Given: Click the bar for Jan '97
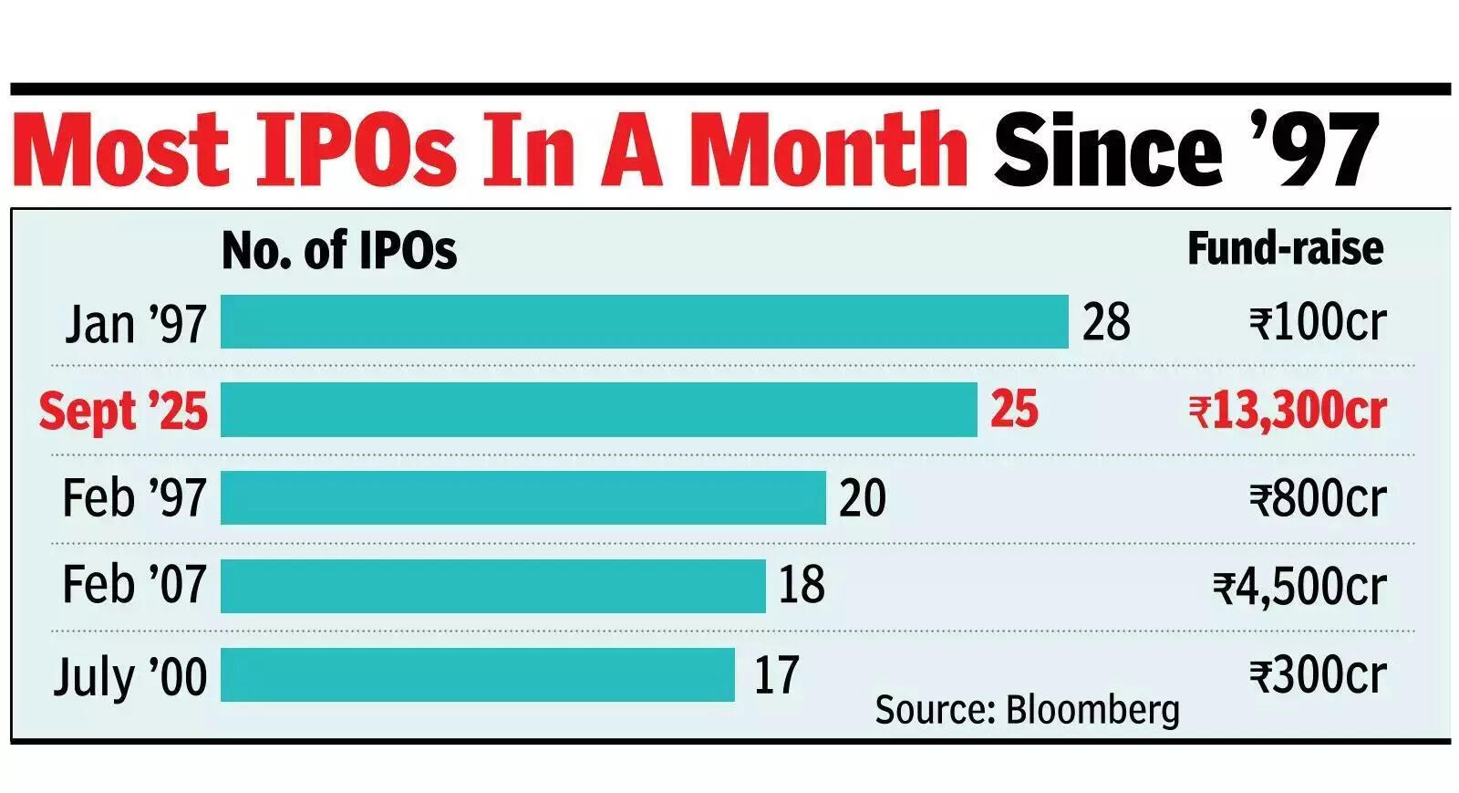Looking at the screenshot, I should tap(644, 321).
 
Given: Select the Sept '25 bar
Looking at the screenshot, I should tap(598, 410).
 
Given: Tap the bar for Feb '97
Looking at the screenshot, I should tap(523, 497).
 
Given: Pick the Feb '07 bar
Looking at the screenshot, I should tap(492, 585).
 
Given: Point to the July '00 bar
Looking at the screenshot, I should tap(477, 674).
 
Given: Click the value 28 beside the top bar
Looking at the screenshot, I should tap(1106, 322).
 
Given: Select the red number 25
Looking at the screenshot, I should tap(1014, 410).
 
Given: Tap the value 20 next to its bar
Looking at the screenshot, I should tap(862, 498).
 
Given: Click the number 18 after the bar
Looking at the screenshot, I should tap(801, 585).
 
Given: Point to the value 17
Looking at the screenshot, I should tap(776, 675).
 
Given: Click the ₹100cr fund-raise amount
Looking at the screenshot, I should tap(1318, 322).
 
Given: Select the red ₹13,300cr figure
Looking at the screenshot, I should tap(1288, 411).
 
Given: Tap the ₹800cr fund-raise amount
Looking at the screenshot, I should tap(1318, 498).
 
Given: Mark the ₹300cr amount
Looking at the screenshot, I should tap(1318, 675).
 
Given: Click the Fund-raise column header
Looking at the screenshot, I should tap(1285, 248).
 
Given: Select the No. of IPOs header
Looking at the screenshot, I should tap(339, 250).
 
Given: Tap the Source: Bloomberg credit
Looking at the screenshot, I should tap(1027, 709).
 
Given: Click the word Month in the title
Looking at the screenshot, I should tap(827, 149).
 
